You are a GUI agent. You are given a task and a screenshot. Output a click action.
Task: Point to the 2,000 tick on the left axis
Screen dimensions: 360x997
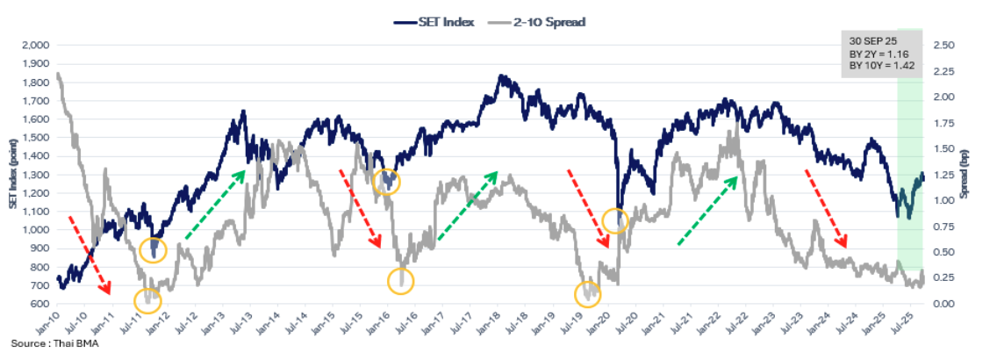(x=35, y=45)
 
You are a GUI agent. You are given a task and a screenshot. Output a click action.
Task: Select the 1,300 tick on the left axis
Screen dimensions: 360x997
(x=35, y=175)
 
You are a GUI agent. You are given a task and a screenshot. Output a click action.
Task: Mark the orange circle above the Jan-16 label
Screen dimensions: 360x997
(x=386, y=182)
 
